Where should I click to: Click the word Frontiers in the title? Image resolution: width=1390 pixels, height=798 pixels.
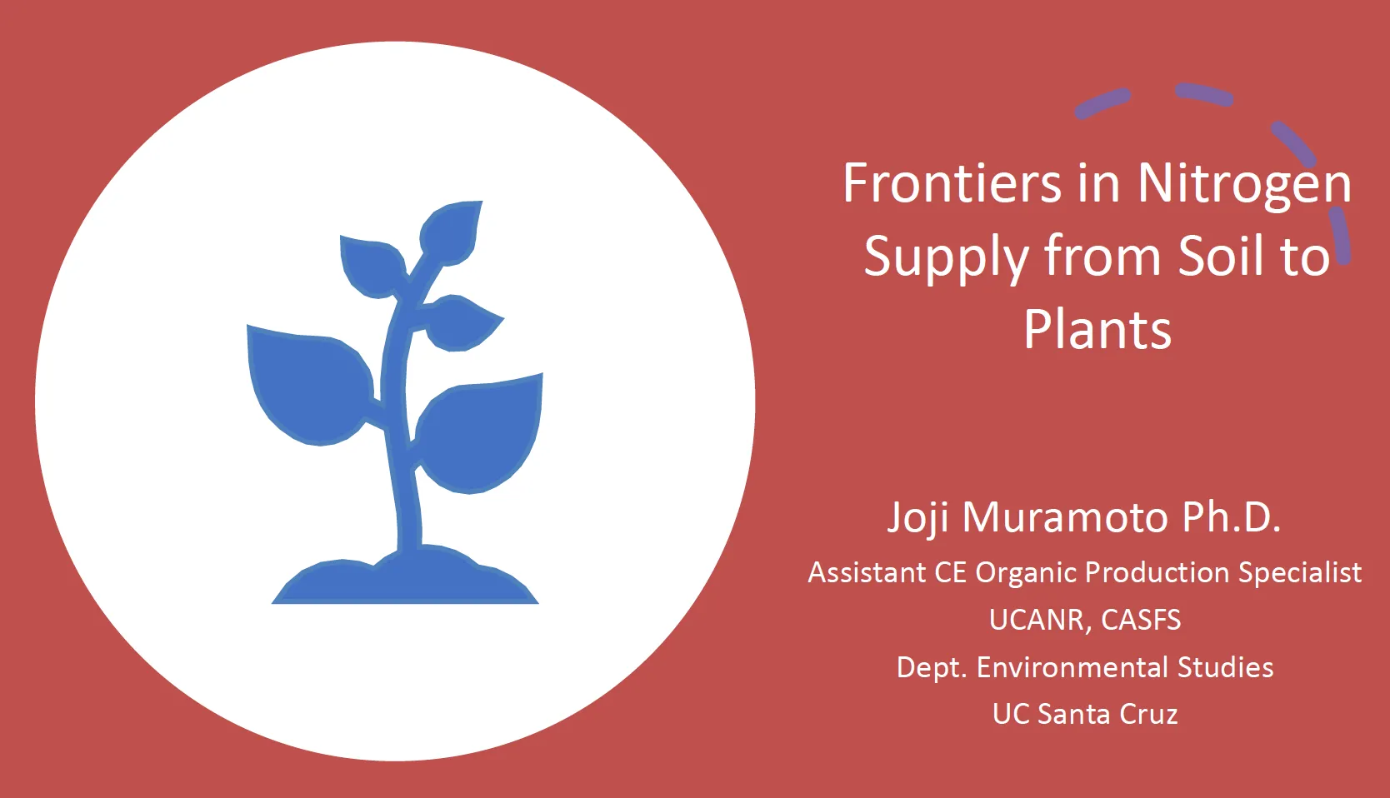coord(952,183)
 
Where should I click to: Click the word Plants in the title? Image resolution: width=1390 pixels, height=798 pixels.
coord(1097,329)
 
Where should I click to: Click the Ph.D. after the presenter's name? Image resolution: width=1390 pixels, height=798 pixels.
coord(1231,517)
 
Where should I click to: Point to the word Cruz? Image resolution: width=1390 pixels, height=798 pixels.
coord(1148,715)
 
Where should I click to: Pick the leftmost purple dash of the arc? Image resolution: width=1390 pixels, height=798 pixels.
coord(1102,103)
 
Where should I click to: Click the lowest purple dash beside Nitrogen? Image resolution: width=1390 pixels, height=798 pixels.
coord(1341,237)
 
